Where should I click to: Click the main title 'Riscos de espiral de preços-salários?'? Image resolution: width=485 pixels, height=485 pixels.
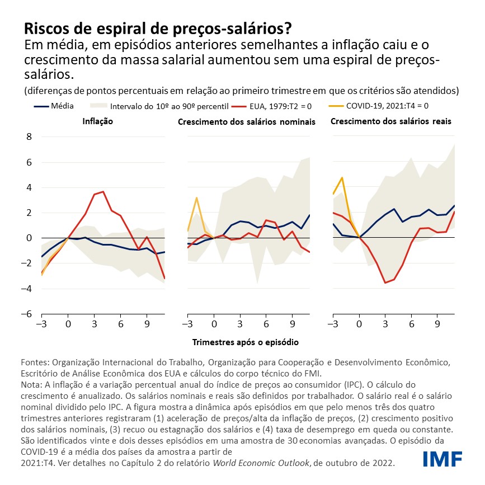pyautogui.click(x=158, y=28)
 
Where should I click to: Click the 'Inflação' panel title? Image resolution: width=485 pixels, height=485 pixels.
pyautogui.click(x=98, y=121)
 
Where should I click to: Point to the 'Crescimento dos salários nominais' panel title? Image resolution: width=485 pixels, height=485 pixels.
pyautogui.click(x=247, y=121)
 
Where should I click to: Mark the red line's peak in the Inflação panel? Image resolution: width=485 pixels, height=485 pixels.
pyautogui.click(x=103, y=192)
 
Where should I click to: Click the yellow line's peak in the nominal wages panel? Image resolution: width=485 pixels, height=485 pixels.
pyautogui.click(x=196, y=197)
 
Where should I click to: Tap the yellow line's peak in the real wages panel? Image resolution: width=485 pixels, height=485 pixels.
pyautogui.click(x=342, y=178)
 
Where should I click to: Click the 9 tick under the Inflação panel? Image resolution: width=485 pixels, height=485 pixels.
pyautogui.click(x=147, y=324)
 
